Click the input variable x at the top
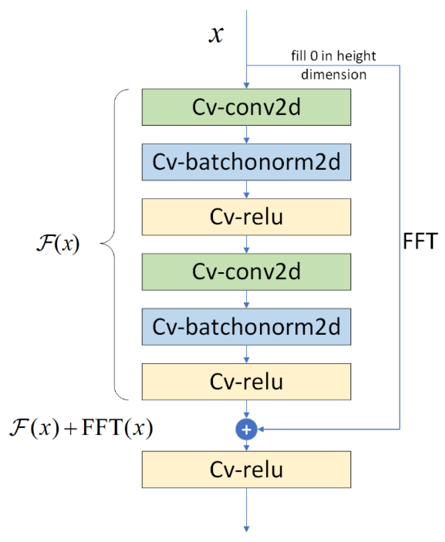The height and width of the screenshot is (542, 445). coord(216,35)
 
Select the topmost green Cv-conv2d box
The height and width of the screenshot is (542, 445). coord(246,107)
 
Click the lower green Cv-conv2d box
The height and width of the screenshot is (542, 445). coord(246,271)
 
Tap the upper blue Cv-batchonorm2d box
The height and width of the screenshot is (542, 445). coord(246,162)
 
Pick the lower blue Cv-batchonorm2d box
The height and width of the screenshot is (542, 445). coord(246,326)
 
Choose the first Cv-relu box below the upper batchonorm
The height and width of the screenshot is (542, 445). coord(246,217)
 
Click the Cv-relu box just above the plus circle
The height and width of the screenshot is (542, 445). coord(246,381)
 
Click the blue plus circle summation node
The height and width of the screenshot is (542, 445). coord(246,429)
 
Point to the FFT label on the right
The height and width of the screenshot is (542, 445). coord(420,241)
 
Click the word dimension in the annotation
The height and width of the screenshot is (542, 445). coord(333,75)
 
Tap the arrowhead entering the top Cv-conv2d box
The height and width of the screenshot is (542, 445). coord(246,85)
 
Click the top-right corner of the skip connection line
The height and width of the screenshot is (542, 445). coord(399,66)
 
